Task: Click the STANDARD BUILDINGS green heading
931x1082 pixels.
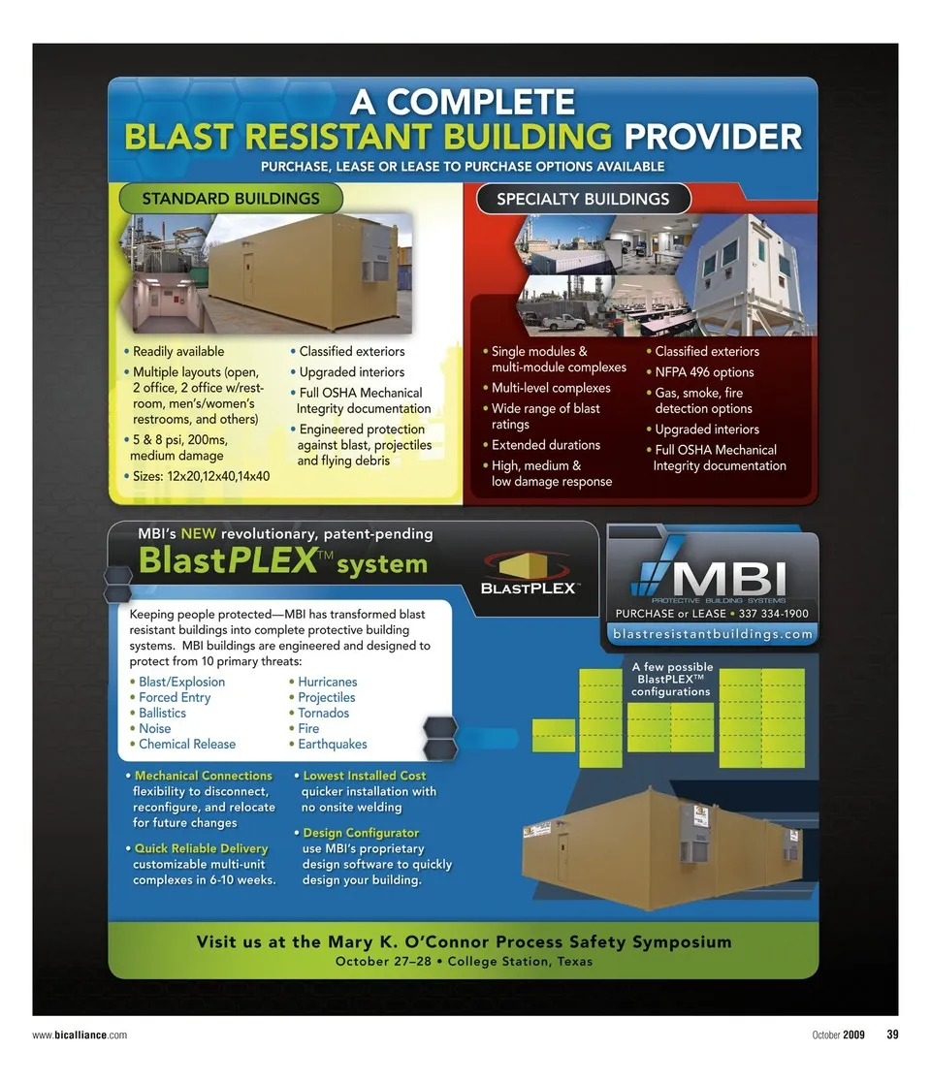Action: [231, 199]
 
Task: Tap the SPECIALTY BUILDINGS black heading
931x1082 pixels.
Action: [583, 199]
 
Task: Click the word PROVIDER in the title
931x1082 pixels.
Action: [713, 137]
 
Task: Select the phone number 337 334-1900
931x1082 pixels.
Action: [774, 614]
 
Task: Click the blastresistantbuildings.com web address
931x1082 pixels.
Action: [712, 633]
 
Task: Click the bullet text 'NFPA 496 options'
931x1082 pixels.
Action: [704, 372]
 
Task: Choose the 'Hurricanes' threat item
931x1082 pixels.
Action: [327, 682]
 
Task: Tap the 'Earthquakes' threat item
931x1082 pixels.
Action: [332, 744]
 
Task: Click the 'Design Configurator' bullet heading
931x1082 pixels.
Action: [361, 833]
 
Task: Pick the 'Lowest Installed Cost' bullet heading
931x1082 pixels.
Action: [365, 776]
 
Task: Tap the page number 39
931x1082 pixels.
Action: [892, 1034]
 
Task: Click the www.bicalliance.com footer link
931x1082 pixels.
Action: [80, 1035]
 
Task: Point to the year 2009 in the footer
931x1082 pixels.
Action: [853, 1034]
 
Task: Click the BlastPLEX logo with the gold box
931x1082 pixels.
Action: [529, 573]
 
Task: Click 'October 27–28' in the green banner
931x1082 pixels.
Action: [383, 961]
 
